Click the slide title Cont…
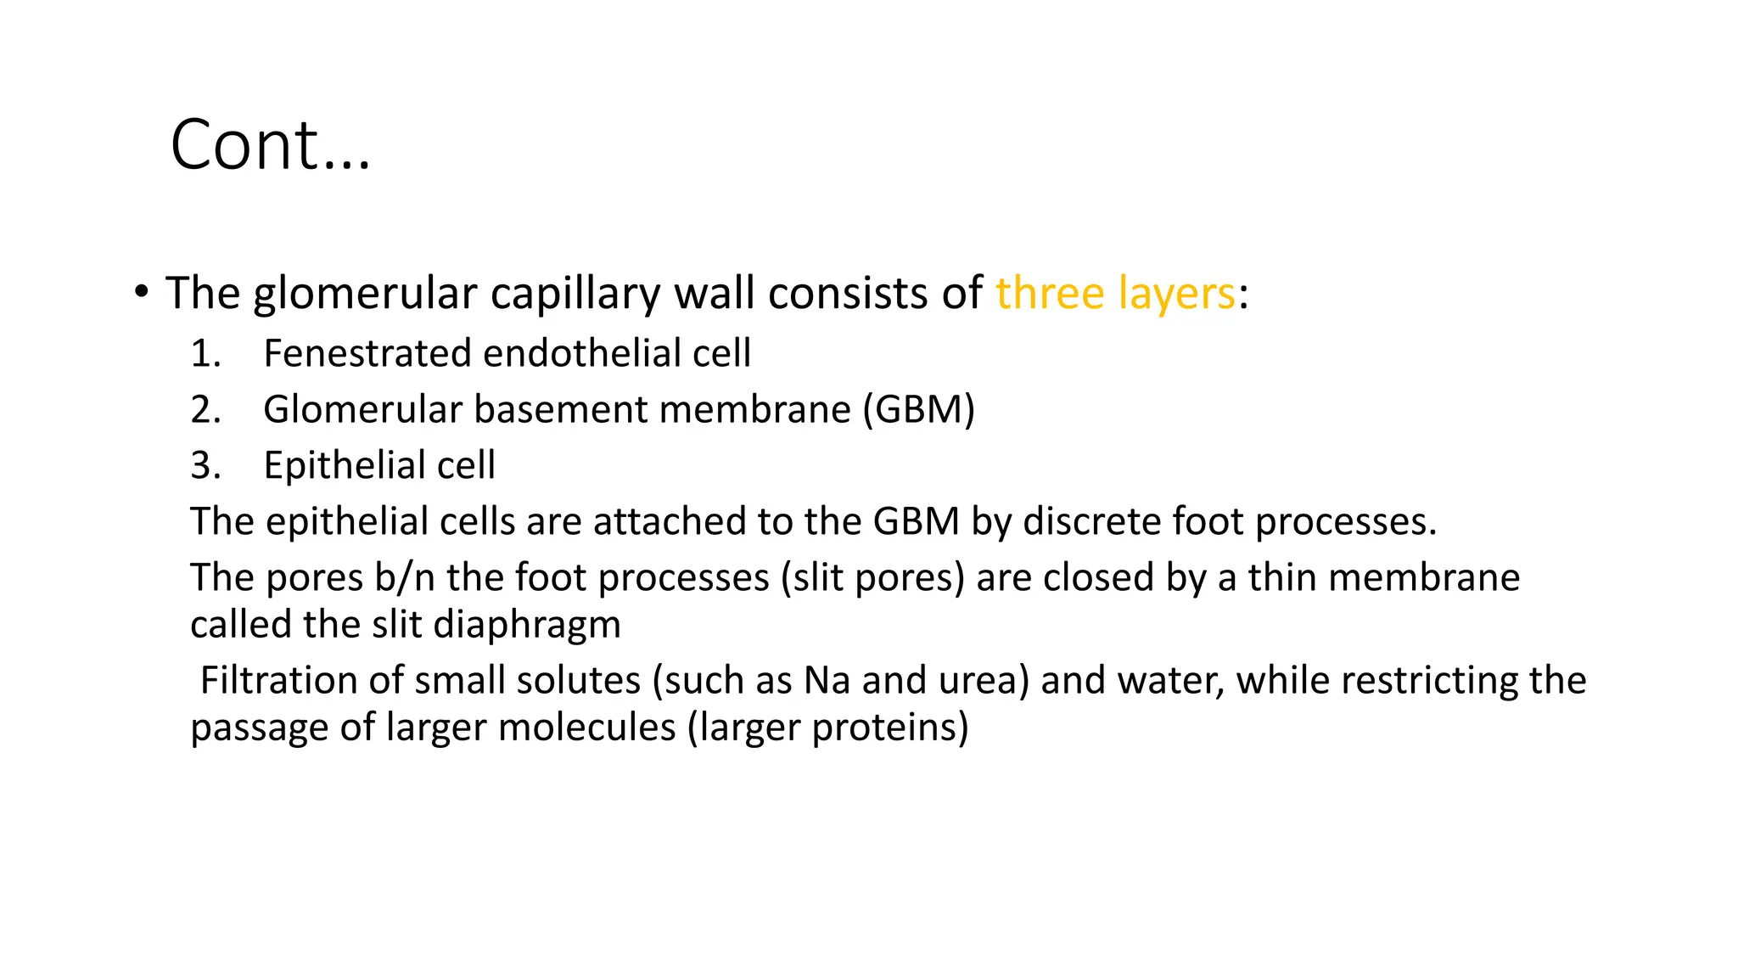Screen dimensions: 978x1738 pyautogui.click(x=270, y=145)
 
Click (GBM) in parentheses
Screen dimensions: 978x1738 pyautogui.click(x=919, y=410)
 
